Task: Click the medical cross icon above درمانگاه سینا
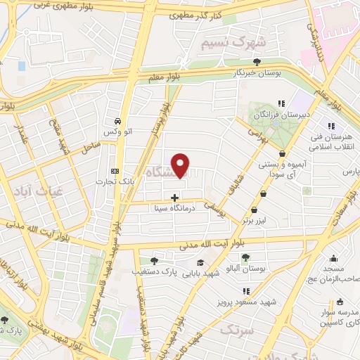coord(175,198)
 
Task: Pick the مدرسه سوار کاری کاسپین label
coord(337,316)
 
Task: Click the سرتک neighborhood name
coord(235,330)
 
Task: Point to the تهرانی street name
coord(258,134)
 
